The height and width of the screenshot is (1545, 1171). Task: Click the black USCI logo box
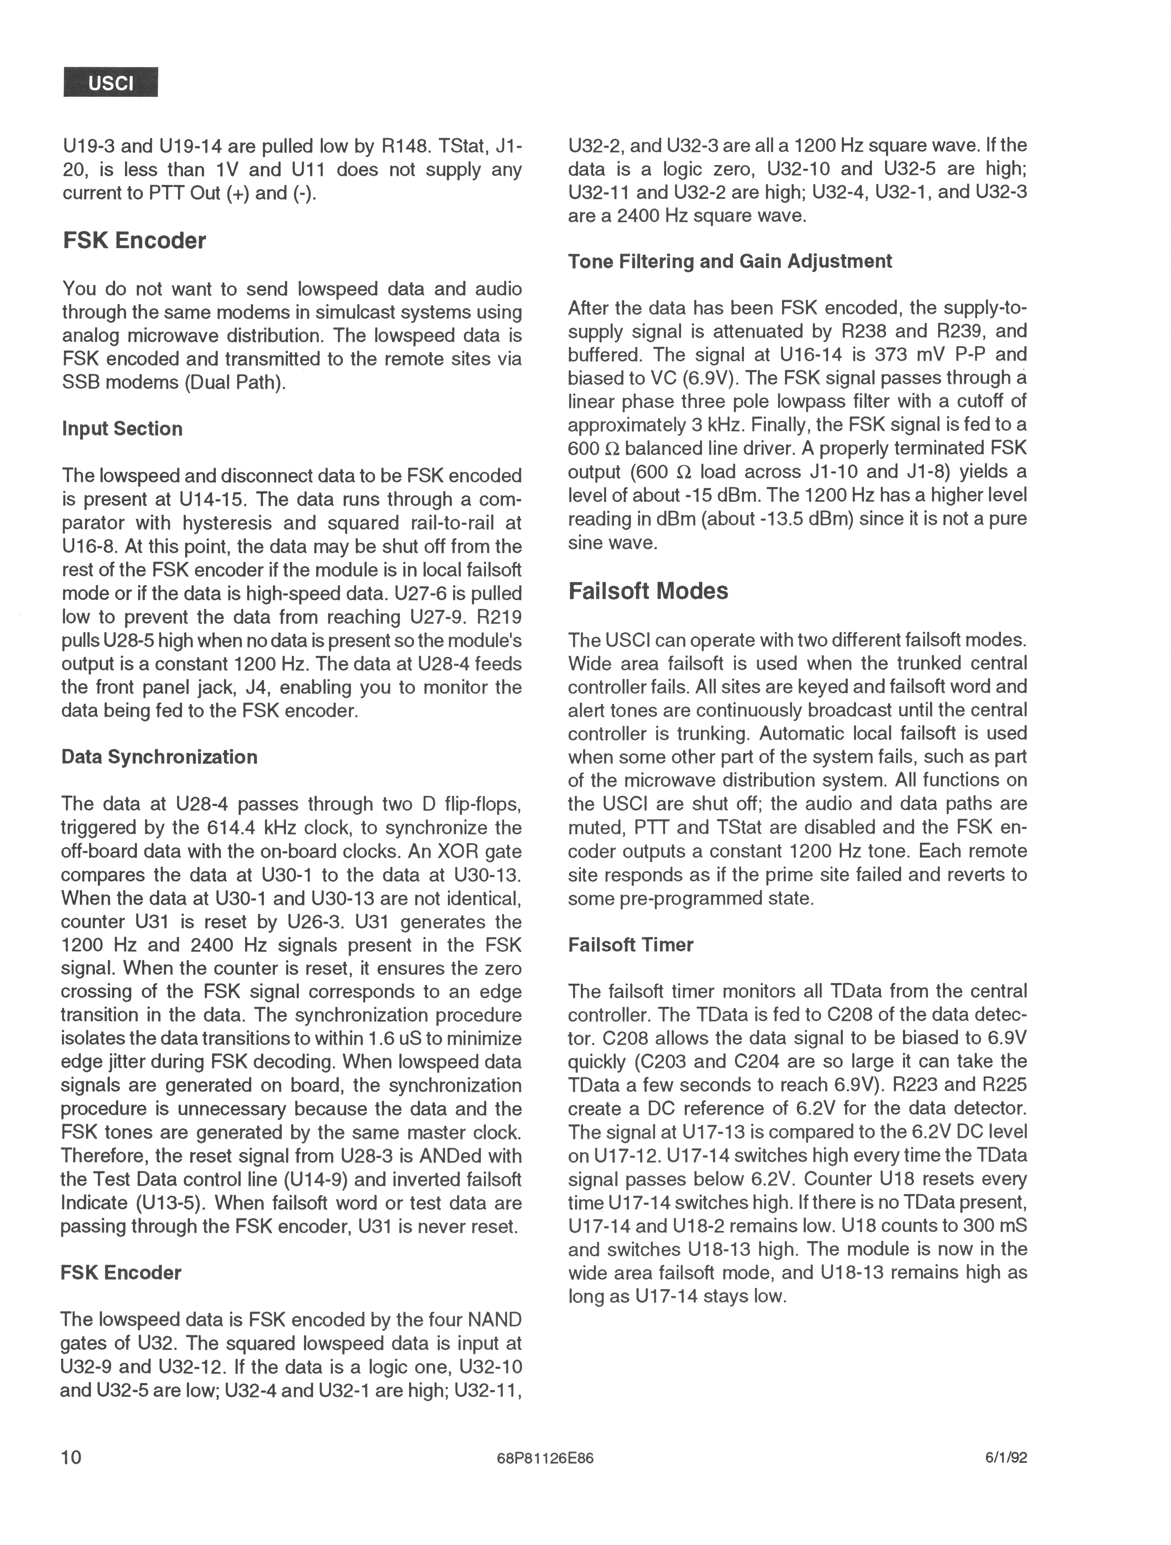110,82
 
